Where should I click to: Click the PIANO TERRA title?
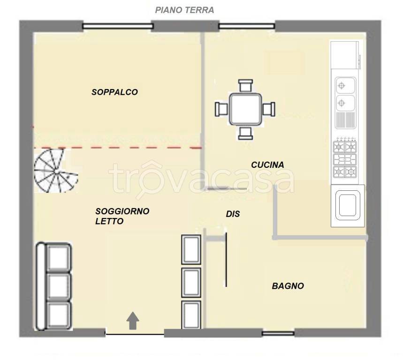184,10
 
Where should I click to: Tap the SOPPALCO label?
114,92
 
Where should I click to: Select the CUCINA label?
267,165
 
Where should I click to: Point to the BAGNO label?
288,286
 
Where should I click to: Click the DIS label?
233,214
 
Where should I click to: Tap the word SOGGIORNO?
122,211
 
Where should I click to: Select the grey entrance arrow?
133,321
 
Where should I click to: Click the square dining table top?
245,109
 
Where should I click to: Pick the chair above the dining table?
245,86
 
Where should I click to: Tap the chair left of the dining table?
221,109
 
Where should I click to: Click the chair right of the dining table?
269,109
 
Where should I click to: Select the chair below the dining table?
245,133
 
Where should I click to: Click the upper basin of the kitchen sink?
345,85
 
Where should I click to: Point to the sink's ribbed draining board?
345,120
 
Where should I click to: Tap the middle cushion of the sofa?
59,287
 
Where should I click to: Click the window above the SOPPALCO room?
118,26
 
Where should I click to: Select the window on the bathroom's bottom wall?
278,334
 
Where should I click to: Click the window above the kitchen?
247,26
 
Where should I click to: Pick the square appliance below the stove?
348,206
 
